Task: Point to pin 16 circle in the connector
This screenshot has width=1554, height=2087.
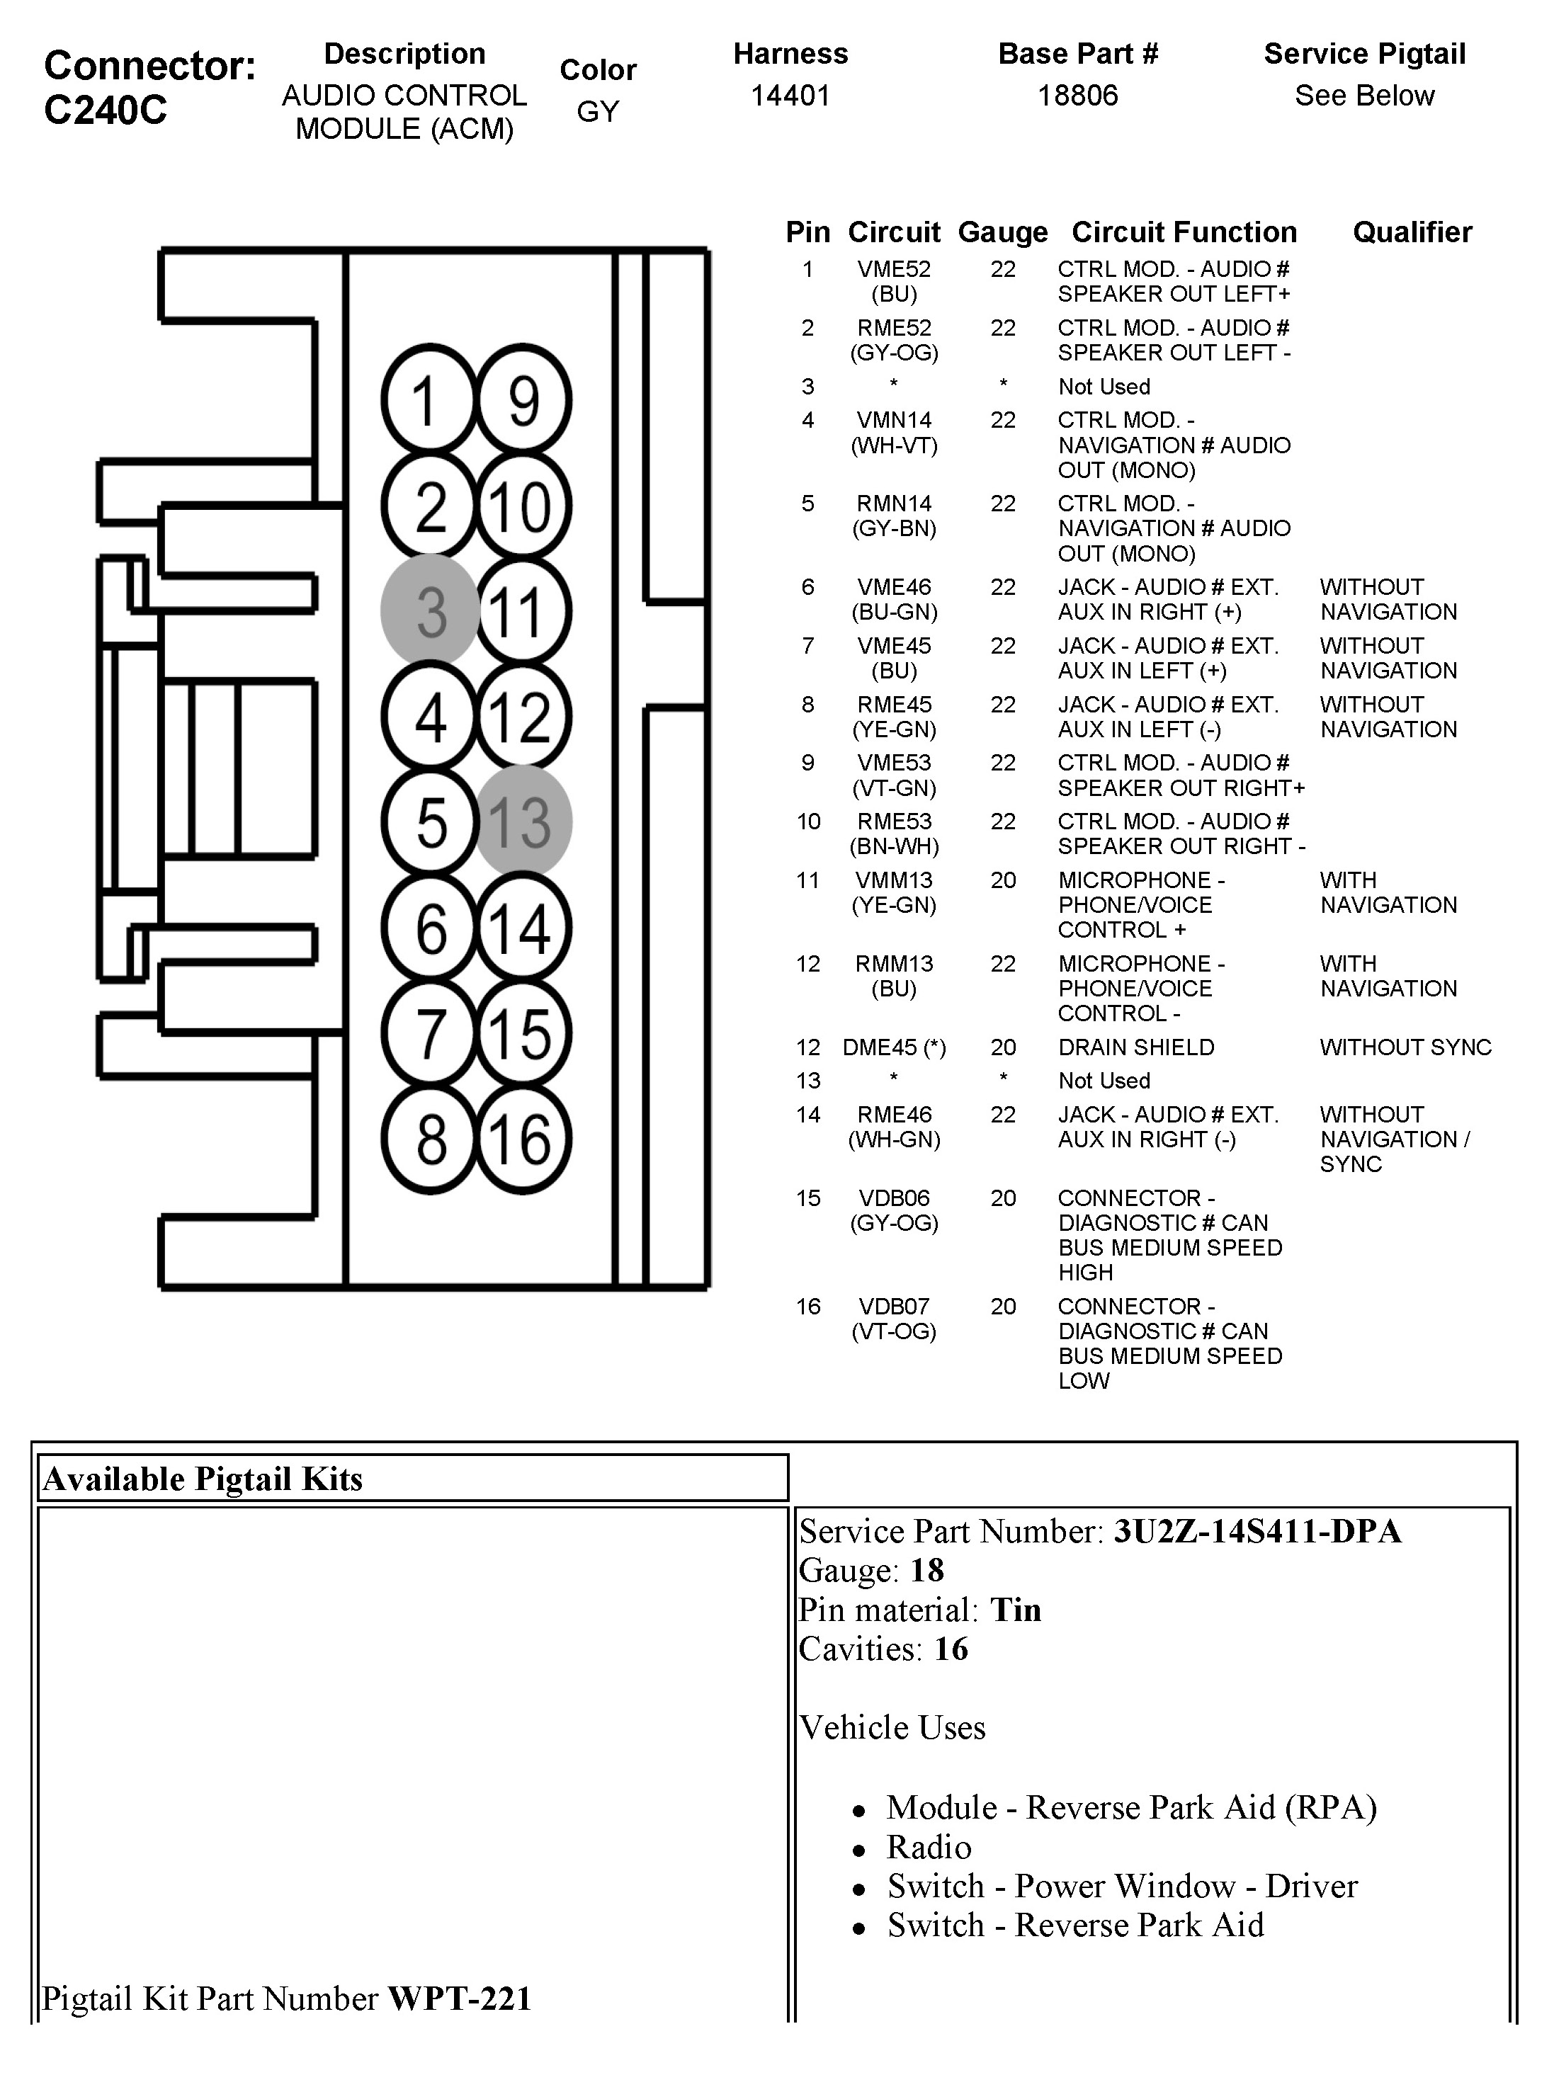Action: pyautogui.click(x=523, y=1139)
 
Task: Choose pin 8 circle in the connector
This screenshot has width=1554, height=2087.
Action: pyautogui.click(x=430, y=1139)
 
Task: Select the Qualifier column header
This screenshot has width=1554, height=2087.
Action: pyautogui.click(x=1411, y=232)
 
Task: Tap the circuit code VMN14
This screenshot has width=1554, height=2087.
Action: pyautogui.click(x=894, y=421)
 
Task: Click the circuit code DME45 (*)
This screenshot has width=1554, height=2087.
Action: pyautogui.click(x=894, y=1047)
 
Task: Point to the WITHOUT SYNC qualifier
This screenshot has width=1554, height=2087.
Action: pyautogui.click(x=1405, y=1047)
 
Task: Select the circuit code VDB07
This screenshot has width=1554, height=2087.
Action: pyautogui.click(x=894, y=1307)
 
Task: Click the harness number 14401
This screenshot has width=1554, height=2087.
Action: pyautogui.click(x=790, y=95)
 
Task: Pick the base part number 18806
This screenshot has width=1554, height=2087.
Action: pyautogui.click(x=1077, y=95)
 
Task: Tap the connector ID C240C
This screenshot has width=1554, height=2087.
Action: pyautogui.click(x=106, y=110)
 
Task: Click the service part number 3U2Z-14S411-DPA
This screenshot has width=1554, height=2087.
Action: pyautogui.click(x=1257, y=1532)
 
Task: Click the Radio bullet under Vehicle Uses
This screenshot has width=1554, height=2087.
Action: pyautogui.click(x=929, y=1847)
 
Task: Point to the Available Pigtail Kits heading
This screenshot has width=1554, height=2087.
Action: pyautogui.click(x=203, y=1479)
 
